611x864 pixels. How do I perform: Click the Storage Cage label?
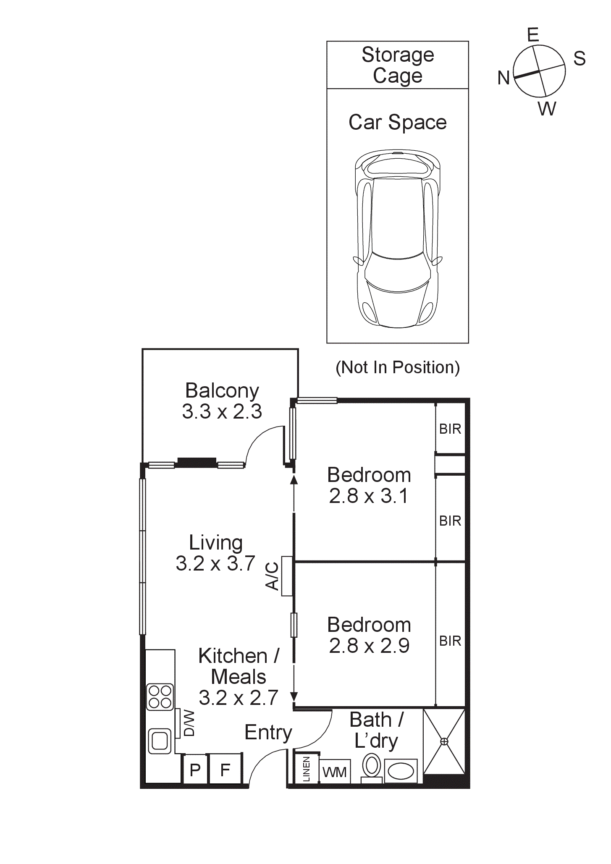point(398,65)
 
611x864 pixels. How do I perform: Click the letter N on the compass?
point(503,78)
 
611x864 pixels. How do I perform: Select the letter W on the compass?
point(547,109)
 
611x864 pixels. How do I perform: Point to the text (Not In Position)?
point(398,367)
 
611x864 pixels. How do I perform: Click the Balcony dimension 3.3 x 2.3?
point(222,411)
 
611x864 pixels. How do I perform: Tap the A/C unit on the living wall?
point(287,576)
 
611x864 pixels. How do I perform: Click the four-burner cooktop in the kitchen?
point(160,697)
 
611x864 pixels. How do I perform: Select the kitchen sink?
point(160,741)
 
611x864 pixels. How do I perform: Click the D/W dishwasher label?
point(189,723)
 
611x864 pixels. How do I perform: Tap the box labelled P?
point(195,770)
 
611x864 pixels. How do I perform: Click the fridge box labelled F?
point(226,770)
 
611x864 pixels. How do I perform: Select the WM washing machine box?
point(335,772)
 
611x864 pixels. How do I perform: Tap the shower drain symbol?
point(444,741)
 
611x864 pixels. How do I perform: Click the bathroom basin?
point(401,771)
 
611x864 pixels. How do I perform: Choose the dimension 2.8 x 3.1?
point(369,496)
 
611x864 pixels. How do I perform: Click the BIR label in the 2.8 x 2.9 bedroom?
point(450,641)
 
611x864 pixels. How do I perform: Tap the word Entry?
point(268,732)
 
